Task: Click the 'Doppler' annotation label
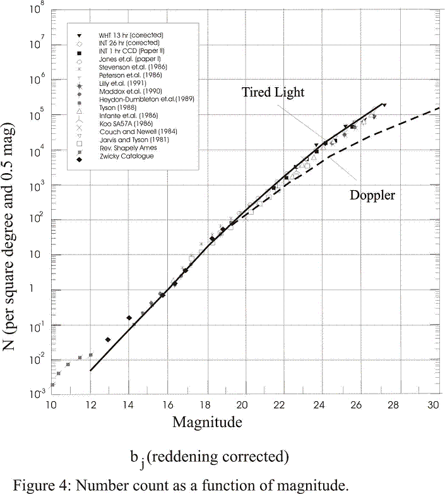(x=372, y=195)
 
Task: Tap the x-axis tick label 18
(x=205, y=404)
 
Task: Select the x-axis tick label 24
(x=319, y=404)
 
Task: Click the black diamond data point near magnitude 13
(x=108, y=339)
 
